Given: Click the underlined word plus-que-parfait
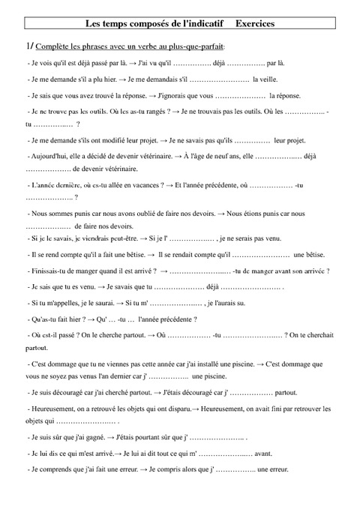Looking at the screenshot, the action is point(202,48).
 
